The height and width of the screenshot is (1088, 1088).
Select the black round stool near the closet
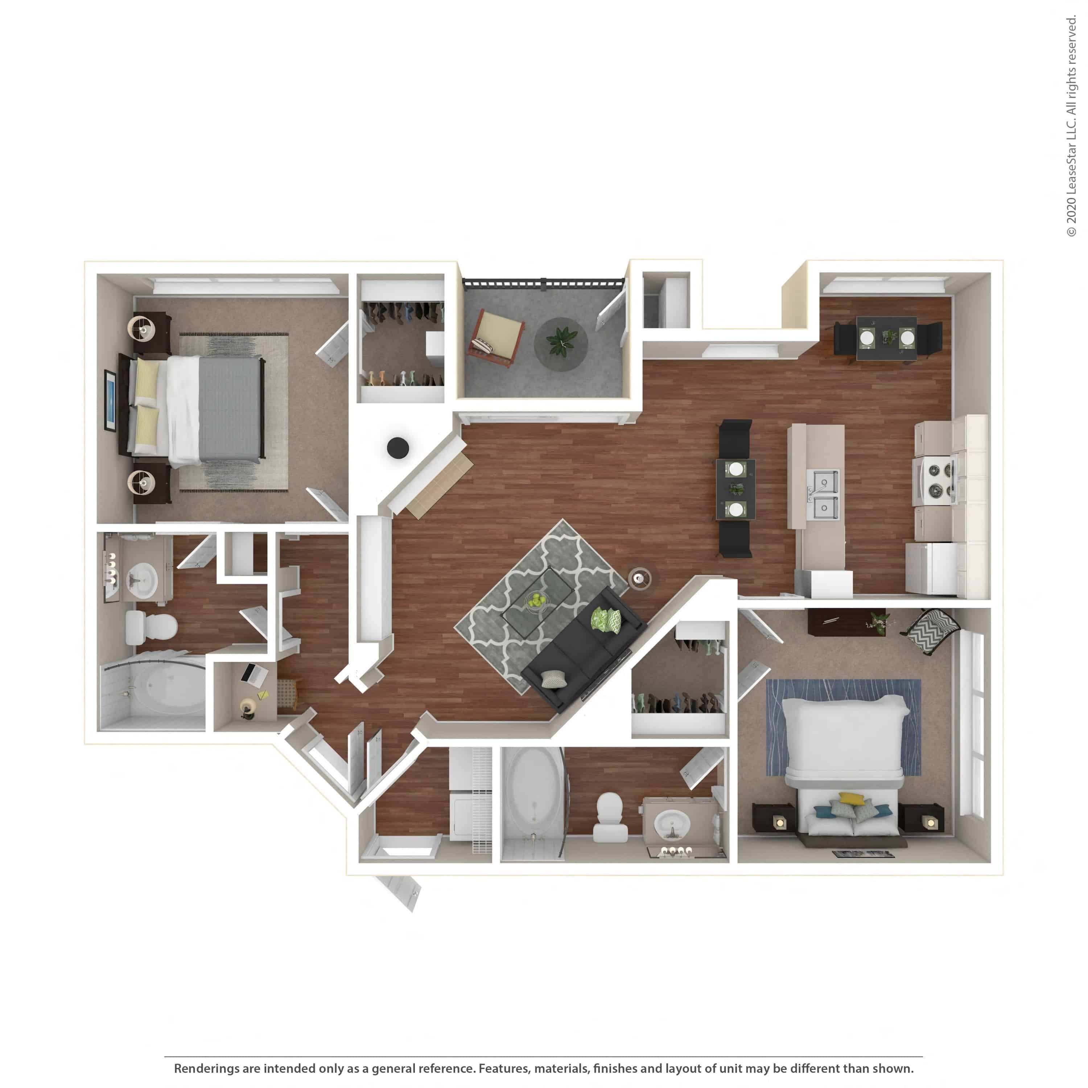pyautogui.click(x=397, y=448)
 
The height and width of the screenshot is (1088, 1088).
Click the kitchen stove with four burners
pyautogui.click(x=935, y=481)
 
